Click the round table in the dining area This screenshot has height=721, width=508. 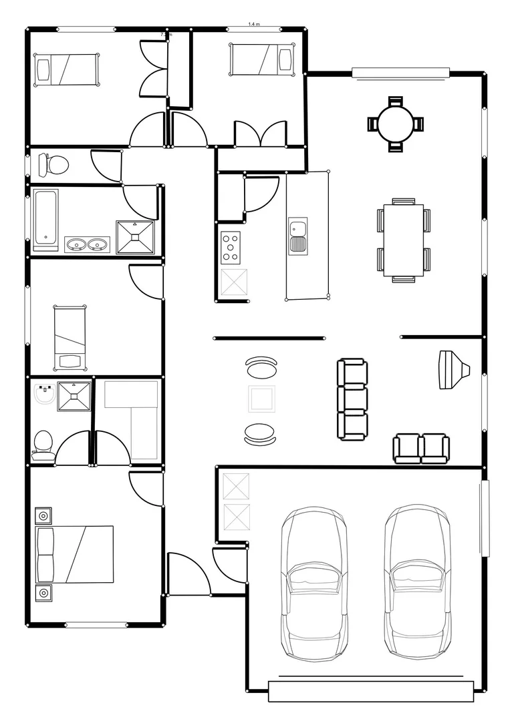tap(395, 124)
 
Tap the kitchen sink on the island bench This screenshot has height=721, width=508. tap(297, 236)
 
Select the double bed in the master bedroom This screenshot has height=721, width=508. tap(75, 553)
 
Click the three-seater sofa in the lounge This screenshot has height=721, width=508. tap(352, 399)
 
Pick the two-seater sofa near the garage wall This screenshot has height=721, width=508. tap(421, 448)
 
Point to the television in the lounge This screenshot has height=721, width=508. tap(452, 369)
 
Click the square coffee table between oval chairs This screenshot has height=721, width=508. tap(261, 399)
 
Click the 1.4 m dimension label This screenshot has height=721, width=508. tap(254, 24)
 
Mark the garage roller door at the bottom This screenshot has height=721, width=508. tap(370, 691)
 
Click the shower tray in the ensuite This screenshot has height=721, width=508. tap(74, 396)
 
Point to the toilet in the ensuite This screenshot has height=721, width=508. tap(43, 443)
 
